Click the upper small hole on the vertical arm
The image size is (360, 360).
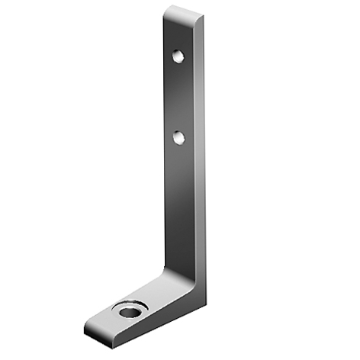pos(178,56)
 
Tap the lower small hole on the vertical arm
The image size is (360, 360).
pos(178,138)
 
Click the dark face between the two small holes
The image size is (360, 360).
pos(177,97)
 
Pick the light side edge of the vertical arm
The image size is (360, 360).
pos(200,153)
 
